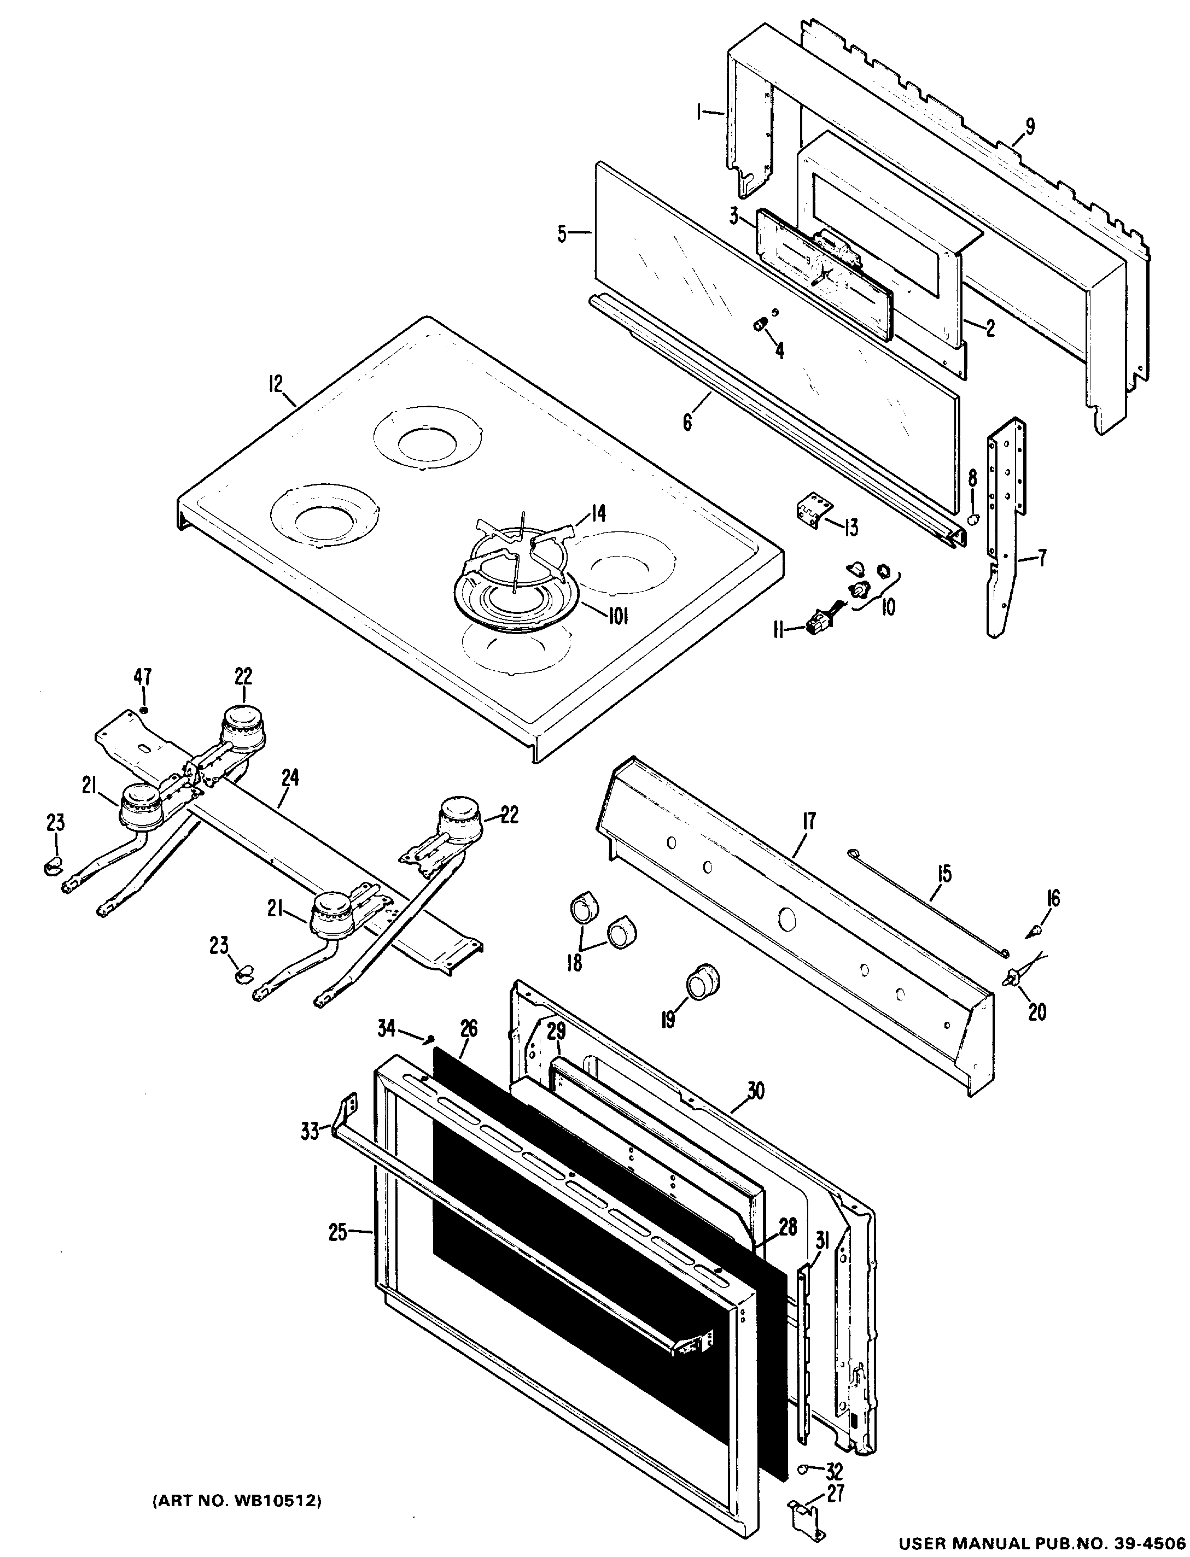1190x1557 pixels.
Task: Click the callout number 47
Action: click(143, 677)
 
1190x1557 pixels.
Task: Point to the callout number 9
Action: click(1029, 127)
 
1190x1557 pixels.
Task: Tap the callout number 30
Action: click(756, 1091)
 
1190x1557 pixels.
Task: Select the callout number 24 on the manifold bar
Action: click(290, 778)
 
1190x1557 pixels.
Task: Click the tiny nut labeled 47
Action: click(144, 710)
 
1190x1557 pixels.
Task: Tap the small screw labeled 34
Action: click(429, 1039)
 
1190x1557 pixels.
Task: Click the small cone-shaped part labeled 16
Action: click(1035, 929)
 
